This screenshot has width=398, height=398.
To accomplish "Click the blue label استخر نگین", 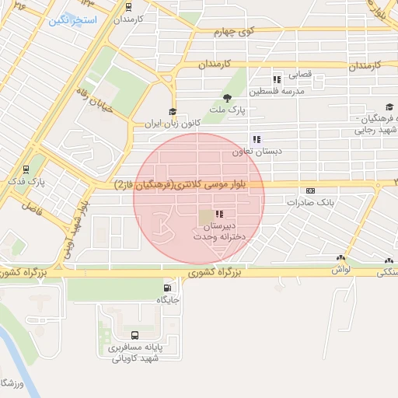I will tap(73, 20).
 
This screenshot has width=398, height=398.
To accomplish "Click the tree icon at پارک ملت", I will tap(226, 98).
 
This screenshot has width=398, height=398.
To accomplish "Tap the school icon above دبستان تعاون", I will tap(257, 139).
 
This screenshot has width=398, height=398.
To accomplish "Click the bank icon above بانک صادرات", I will tap(311, 190).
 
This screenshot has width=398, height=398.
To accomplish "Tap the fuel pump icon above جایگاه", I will tap(169, 287).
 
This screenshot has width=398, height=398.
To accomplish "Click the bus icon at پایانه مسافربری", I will tap(135, 336).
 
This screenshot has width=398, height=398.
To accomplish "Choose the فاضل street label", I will tap(31, 208).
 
